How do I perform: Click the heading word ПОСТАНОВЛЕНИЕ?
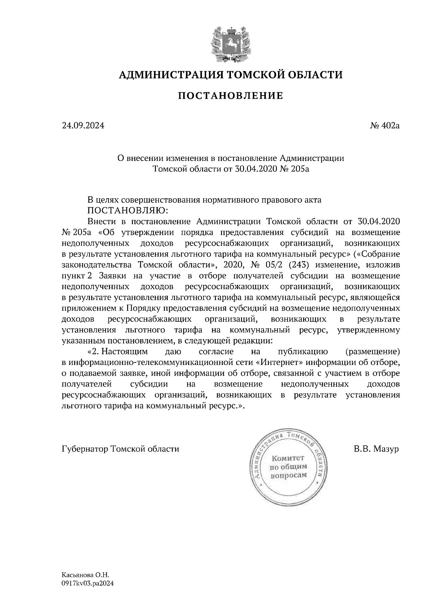tap(231, 96)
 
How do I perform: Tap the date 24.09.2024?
tap(83, 126)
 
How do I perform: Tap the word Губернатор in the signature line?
tap(85, 449)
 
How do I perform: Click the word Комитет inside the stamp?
tap(288, 458)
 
